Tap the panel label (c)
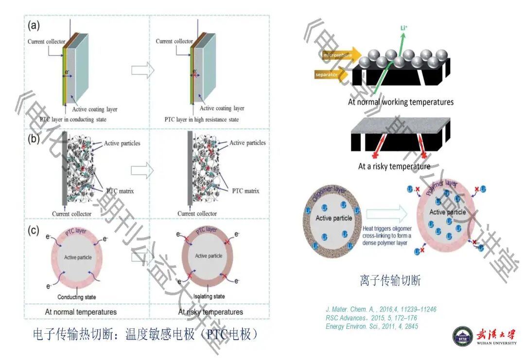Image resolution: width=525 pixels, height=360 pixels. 34,231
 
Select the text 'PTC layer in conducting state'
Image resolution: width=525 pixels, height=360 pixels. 68,119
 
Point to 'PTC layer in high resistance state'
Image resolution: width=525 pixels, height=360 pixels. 201,119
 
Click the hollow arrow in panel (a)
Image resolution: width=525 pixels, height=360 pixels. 142,70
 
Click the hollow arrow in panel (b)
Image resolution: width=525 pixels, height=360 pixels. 142,171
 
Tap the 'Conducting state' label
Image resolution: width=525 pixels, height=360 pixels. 77,297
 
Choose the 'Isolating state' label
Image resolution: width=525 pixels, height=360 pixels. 209,296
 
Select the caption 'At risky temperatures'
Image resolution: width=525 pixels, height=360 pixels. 210,311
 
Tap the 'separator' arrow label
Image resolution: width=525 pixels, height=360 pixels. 327,75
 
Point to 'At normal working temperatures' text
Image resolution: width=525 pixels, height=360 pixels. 401,102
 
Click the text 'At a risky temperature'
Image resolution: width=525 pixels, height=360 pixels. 394,166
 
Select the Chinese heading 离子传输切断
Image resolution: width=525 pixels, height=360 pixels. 390,280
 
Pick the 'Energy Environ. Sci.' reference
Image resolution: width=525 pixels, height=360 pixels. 372,326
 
